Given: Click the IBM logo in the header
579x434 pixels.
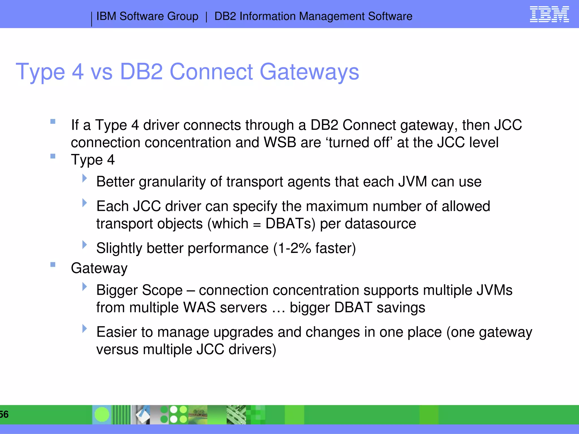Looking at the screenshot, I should click(x=549, y=14).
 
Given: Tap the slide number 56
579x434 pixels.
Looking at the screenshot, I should click(x=4, y=414).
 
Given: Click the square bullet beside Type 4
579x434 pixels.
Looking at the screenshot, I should click(x=53, y=156).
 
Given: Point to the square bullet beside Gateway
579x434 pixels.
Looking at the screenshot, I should click(x=53, y=264).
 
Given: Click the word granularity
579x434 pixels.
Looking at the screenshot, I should click(x=172, y=182).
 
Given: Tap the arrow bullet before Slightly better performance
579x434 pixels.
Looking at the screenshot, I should click(x=84, y=244).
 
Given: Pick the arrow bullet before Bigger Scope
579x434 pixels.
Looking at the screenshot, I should click(x=84, y=287).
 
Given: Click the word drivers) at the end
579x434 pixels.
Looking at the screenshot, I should click(x=252, y=350).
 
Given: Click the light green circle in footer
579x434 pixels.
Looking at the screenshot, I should click(x=102, y=415).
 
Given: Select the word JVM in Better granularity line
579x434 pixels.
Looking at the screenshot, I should click(x=412, y=182).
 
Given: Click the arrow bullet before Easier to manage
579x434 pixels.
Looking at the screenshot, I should click(x=84, y=328).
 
